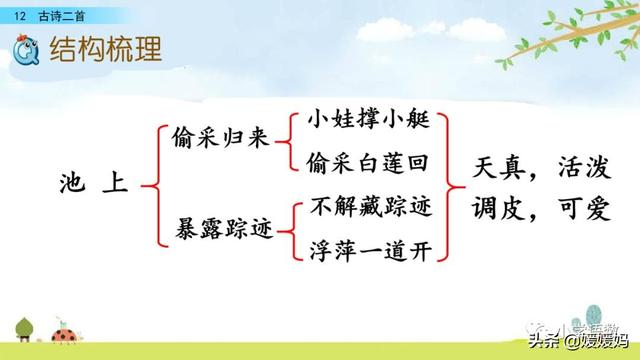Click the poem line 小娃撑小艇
(x=369, y=120)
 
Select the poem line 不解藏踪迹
(x=369, y=209)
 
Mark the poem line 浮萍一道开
(x=369, y=250)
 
